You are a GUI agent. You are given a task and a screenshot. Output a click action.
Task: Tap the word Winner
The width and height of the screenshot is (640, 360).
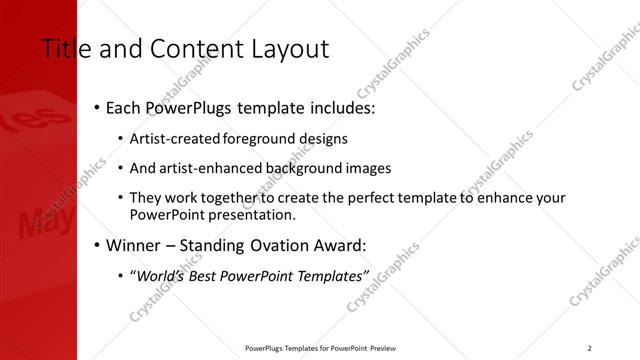(x=135, y=245)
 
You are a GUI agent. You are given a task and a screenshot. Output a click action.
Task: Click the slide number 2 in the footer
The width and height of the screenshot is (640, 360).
(x=590, y=348)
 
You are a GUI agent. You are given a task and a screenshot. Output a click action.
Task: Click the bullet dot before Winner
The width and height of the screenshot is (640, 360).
(x=97, y=245)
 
